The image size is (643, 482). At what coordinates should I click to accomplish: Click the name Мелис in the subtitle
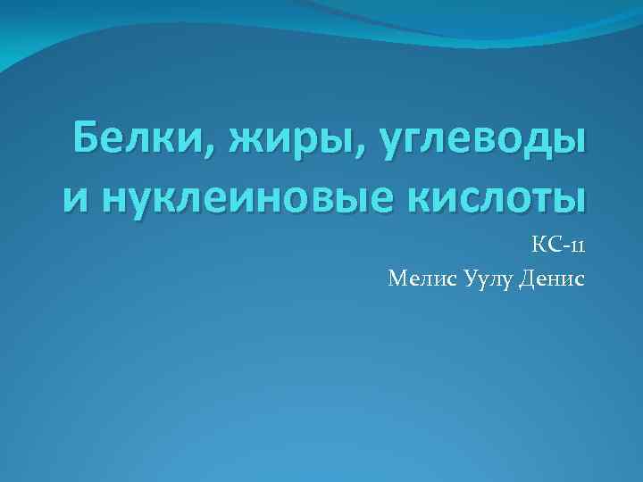click(421, 279)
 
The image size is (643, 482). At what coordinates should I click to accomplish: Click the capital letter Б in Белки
click(88, 140)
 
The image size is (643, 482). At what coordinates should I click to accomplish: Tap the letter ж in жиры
click(243, 144)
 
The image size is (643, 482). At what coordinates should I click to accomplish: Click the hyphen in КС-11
click(564, 248)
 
